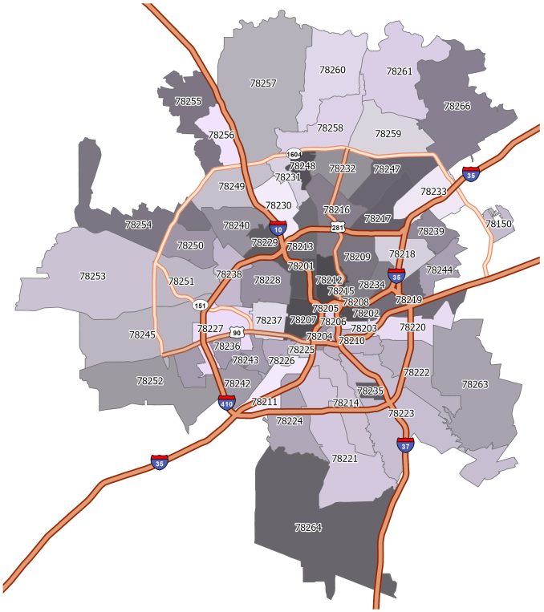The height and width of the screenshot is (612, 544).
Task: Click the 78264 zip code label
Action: tap(308, 527)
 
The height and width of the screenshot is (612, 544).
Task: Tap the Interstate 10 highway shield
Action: tap(277, 229)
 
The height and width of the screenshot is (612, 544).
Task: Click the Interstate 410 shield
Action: tap(226, 403)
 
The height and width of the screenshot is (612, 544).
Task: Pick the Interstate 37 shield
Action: tap(405, 443)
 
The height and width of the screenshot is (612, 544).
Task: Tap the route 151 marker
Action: tap(199, 305)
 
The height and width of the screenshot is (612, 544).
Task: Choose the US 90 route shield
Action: tap(236, 332)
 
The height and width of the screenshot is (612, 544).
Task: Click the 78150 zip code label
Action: tap(498, 224)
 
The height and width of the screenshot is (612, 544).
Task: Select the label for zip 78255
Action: tap(189, 102)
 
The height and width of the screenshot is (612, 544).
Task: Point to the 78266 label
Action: tap(457, 106)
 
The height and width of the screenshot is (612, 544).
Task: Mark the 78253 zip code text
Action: tap(92, 276)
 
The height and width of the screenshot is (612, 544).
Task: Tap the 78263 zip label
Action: tap(474, 384)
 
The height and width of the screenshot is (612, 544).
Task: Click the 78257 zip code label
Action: tap(263, 83)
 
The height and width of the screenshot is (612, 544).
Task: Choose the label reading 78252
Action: tap(150, 380)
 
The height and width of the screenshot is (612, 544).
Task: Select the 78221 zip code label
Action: tap(344, 458)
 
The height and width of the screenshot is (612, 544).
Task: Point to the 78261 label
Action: tap(399, 71)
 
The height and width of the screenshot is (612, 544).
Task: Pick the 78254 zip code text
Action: tap(138, 225)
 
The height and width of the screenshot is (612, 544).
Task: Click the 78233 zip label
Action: tap(433, 191)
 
